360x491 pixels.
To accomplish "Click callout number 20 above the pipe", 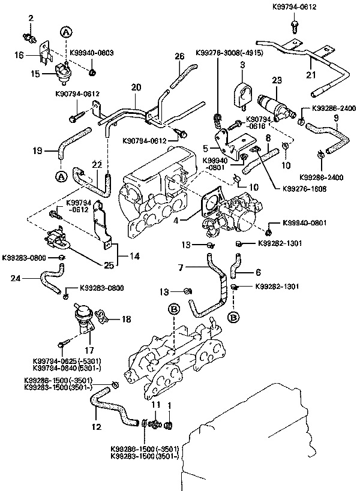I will point(137,88).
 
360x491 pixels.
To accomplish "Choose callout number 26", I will point(178,56).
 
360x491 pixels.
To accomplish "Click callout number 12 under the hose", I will point(97,426).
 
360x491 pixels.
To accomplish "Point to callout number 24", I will point(16,278).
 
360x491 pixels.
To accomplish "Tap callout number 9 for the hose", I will point(337,119).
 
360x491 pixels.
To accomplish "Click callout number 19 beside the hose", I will point(37,151).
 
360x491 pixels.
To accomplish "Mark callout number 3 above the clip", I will point(242,64).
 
